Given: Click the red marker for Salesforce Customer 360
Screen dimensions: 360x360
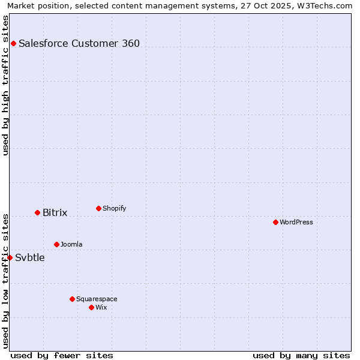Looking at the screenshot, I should [13, 43].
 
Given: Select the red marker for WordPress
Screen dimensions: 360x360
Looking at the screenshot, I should [275, 222].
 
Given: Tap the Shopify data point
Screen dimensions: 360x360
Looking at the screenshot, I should [98, 208].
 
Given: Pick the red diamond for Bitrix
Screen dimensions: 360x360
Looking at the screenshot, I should [37, 212].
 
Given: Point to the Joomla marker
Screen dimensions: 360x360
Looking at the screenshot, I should [56, 244].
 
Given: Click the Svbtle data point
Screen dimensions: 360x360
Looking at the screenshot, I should [10, 257].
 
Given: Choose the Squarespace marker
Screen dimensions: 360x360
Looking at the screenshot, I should [72, 299].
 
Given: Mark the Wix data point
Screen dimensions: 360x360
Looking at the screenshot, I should [91, 307].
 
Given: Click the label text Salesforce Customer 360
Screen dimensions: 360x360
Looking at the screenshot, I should [79, 43].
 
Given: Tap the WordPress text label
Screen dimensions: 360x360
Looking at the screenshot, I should [296, 222].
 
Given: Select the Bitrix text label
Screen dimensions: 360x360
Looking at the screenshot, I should [55, 212].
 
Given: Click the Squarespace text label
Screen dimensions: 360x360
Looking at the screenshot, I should [97, 299].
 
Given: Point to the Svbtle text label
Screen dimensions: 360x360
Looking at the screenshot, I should [29, 257].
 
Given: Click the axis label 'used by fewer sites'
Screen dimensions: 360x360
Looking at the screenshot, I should [62, 355].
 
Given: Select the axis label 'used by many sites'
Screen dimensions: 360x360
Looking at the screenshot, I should [301, 355].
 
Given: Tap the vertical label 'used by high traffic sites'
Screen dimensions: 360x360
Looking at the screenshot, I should [5, 85].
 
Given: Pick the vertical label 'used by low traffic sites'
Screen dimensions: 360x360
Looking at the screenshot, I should [5, 281].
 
